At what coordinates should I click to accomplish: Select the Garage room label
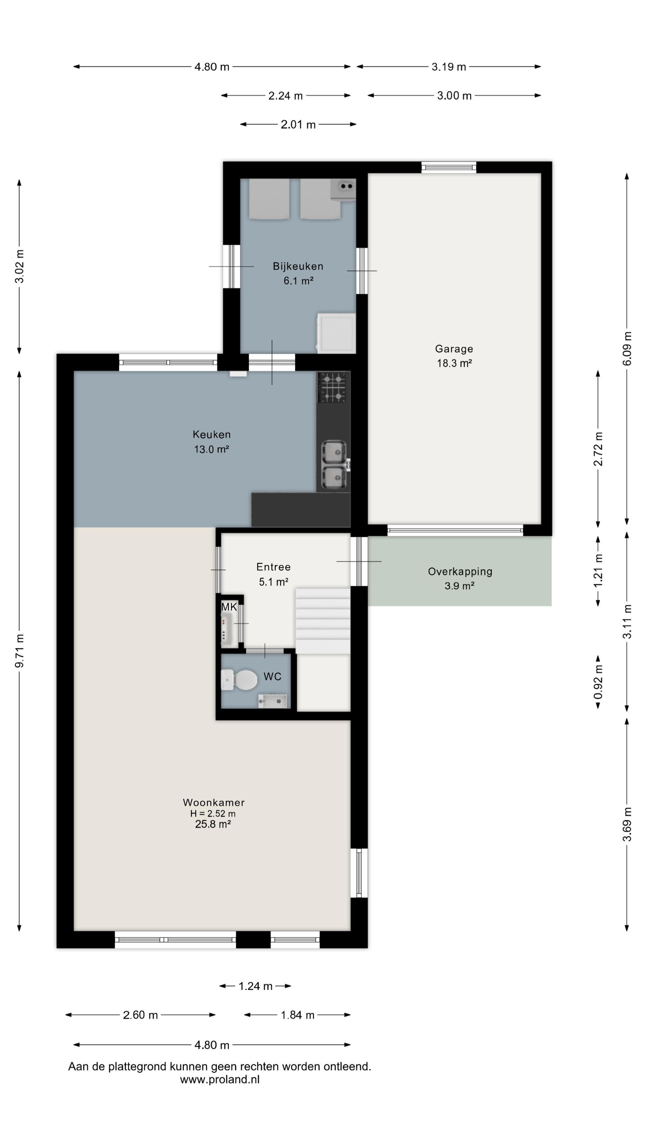click(454, 348)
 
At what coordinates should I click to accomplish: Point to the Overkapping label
click(460, 571)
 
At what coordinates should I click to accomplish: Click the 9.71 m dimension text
click(20, 651)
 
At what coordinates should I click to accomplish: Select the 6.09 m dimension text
click(627, 348)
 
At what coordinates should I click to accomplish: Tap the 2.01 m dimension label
click(298, 124)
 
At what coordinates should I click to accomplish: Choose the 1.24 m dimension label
click(255, 986)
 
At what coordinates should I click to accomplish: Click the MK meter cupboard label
click(229, 607)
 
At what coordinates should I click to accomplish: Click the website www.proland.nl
click(219, 1079)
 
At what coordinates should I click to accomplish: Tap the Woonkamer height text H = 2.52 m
click(213, 813)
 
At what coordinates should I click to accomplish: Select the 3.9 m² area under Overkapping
click(459, 586)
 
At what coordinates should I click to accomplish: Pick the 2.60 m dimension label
click(140, 1015)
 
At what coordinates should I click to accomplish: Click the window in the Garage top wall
click(449, 167)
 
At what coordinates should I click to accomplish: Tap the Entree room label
click(273, 567)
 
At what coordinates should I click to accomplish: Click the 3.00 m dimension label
click(454, 95)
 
